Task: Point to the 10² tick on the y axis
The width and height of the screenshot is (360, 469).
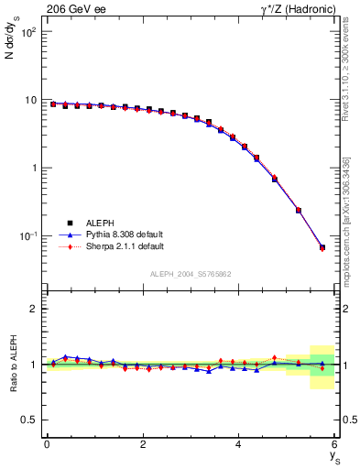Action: (x=29, y=32)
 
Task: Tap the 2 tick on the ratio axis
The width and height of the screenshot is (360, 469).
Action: (x=33, y=309)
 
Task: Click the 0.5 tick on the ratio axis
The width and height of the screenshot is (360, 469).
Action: (x=29, y=420)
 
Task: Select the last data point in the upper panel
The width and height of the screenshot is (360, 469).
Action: (x=322, y=247)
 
